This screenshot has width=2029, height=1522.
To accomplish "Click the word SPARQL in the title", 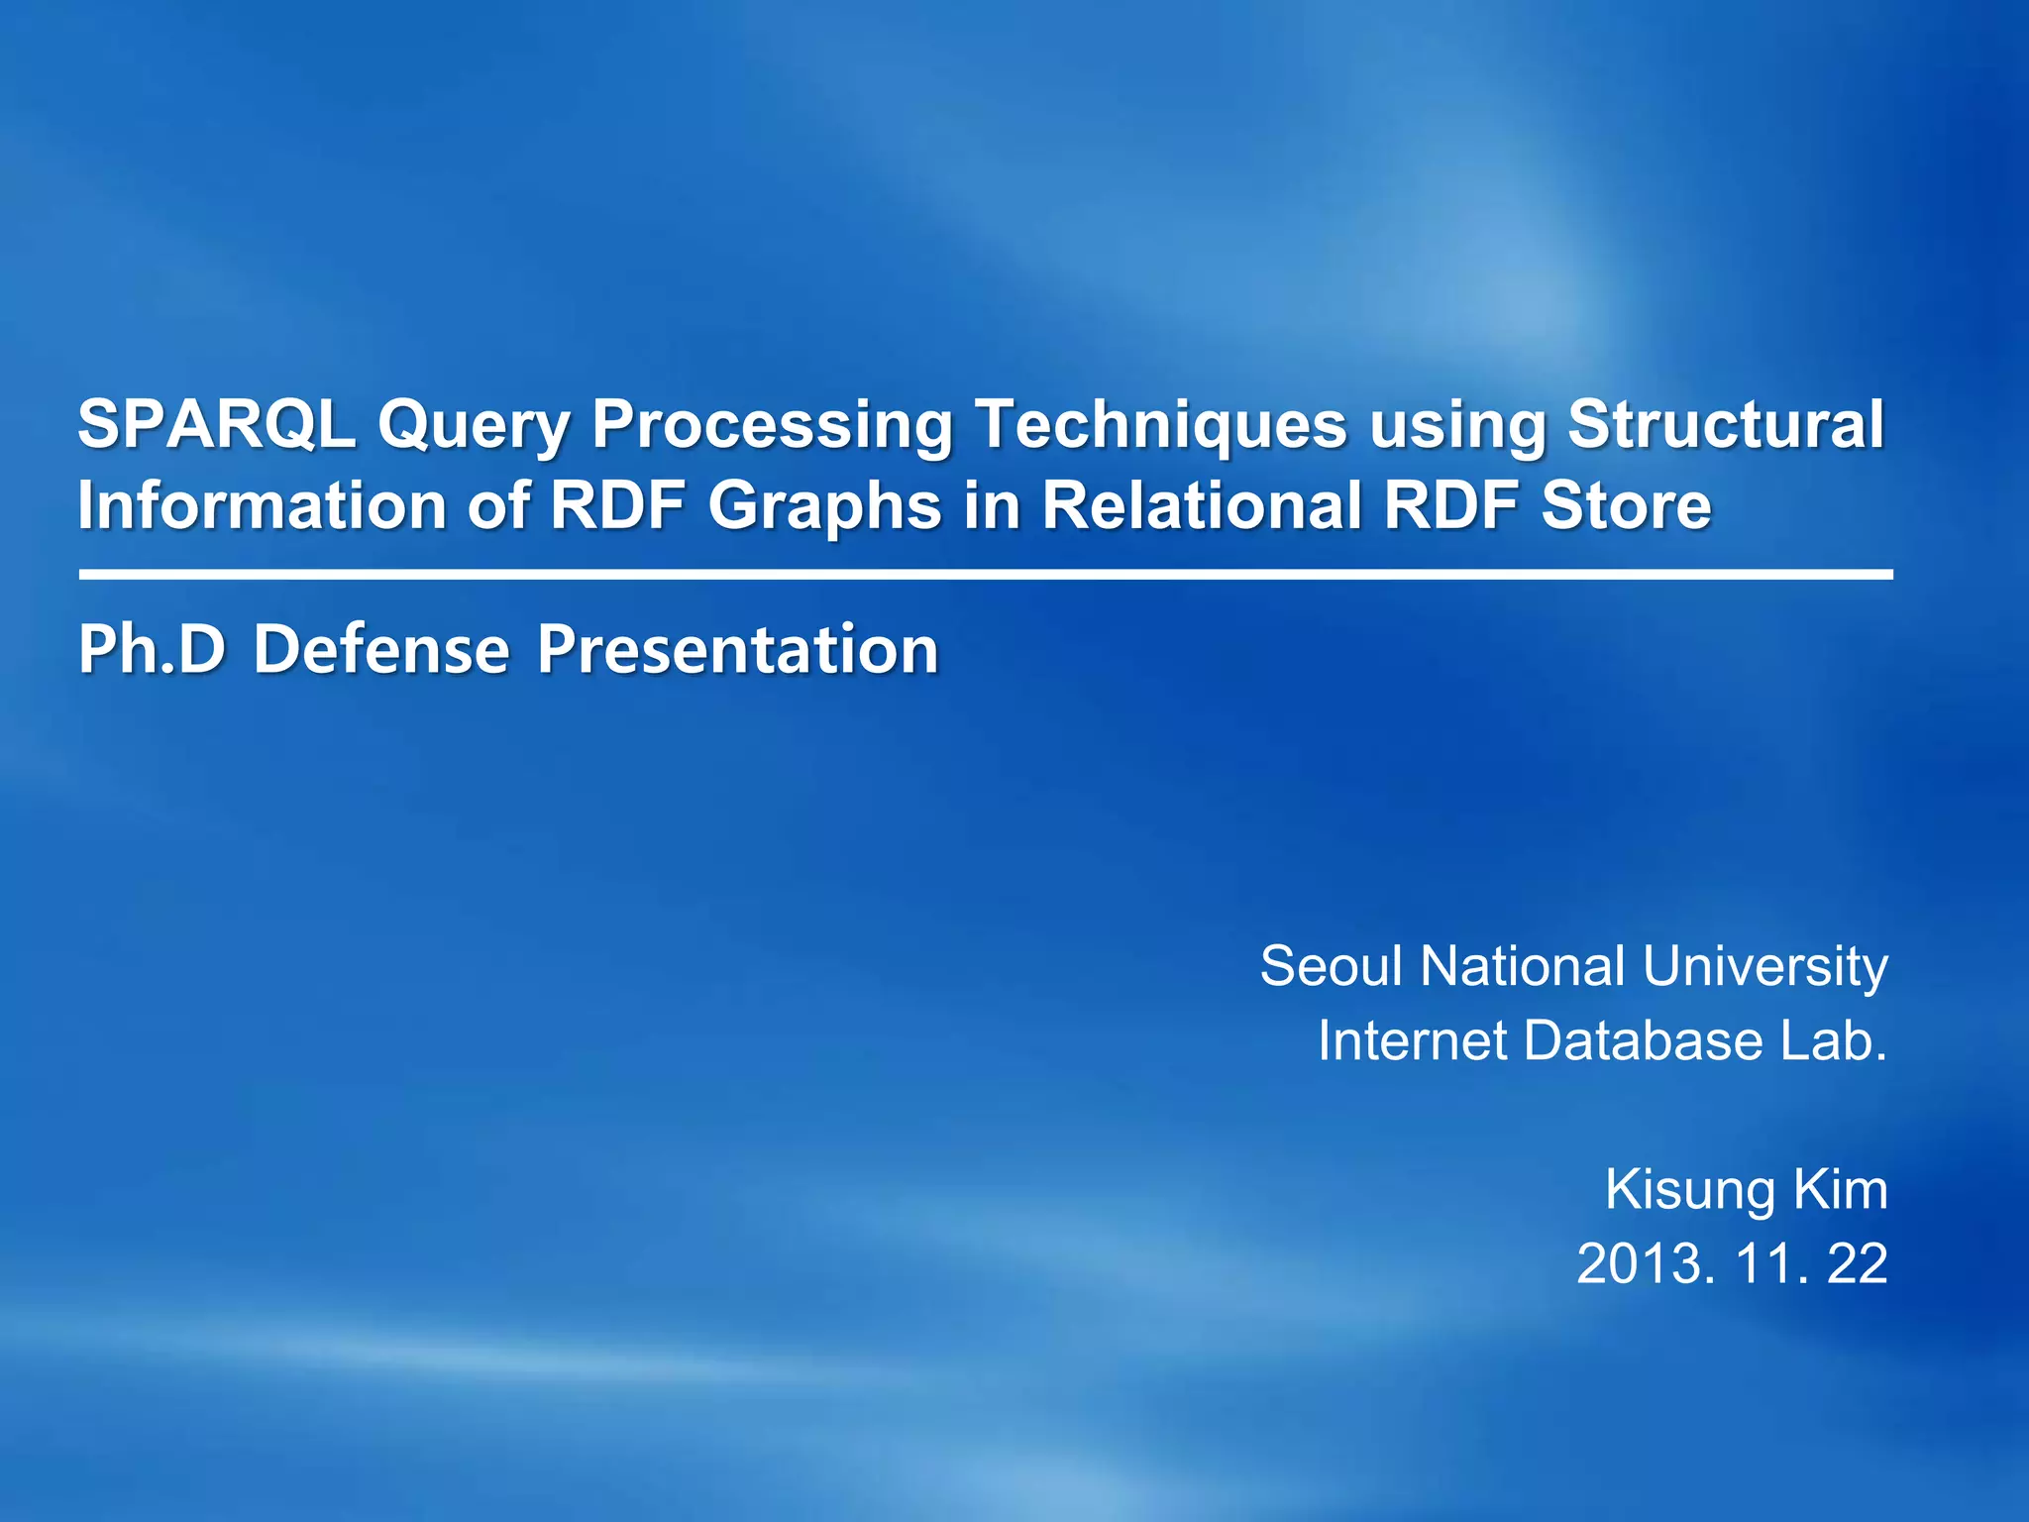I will click(216, 425).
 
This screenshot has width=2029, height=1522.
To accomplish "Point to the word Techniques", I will click(1160, 425).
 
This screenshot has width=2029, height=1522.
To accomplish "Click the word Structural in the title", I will click(1725, 425).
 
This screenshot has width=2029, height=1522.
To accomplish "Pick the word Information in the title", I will click(262, 505).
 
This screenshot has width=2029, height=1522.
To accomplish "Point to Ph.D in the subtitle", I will click(153, 651).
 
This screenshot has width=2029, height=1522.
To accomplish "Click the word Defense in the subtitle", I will click(381, 651).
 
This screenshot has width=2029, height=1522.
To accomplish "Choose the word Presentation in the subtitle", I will click(737, 651).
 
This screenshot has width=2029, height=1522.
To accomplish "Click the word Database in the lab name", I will click(1644, 1041).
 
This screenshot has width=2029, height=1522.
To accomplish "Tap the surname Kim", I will click(1845, 1189).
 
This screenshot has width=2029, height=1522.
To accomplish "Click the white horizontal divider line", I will click(985, 574).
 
